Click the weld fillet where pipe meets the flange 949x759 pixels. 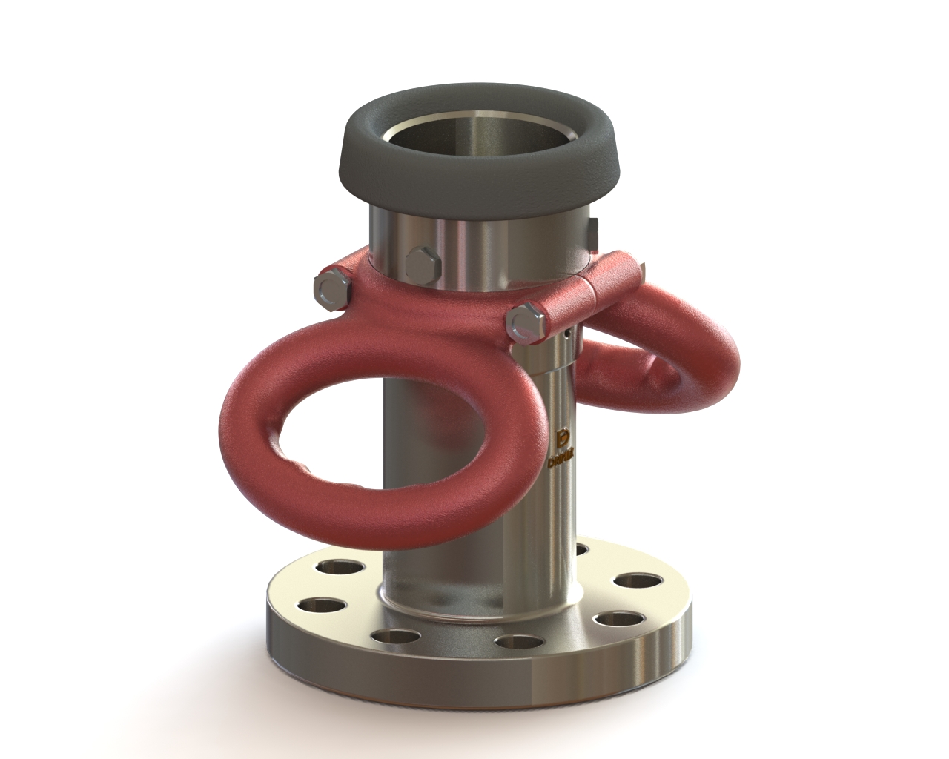click(474, 604)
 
